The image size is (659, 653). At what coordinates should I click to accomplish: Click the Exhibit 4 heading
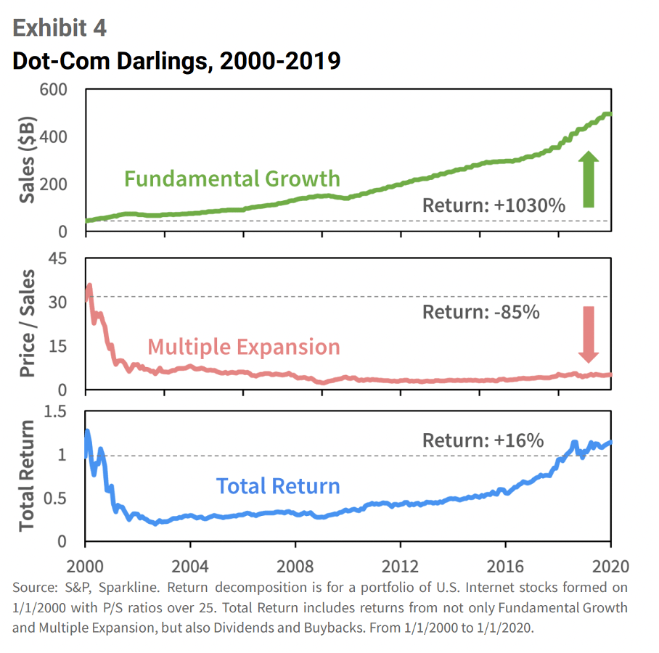[x=60, y=29]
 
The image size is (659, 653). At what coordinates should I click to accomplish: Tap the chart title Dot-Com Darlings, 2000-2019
[x=176, y=61]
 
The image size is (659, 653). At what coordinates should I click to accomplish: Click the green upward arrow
[x=589, y=179]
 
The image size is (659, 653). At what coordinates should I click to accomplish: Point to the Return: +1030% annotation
[x=494, y=205]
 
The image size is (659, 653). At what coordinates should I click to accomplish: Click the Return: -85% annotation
[x=481, y=313]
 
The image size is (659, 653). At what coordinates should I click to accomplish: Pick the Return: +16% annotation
[x=483, y=440]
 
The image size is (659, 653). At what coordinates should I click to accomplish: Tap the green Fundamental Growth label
[x=232, y=178]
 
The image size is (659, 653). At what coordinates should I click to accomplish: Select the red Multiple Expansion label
[x=243, y=347]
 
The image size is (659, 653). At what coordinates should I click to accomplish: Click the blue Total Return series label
[x=278, y=485]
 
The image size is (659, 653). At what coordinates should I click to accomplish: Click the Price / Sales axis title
[x=28, y=324]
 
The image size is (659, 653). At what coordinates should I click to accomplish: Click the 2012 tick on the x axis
[x=401, y=567]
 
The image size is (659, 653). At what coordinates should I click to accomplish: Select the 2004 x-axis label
[x=190, y=567]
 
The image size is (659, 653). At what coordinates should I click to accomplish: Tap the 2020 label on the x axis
[x=610, y=567]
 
